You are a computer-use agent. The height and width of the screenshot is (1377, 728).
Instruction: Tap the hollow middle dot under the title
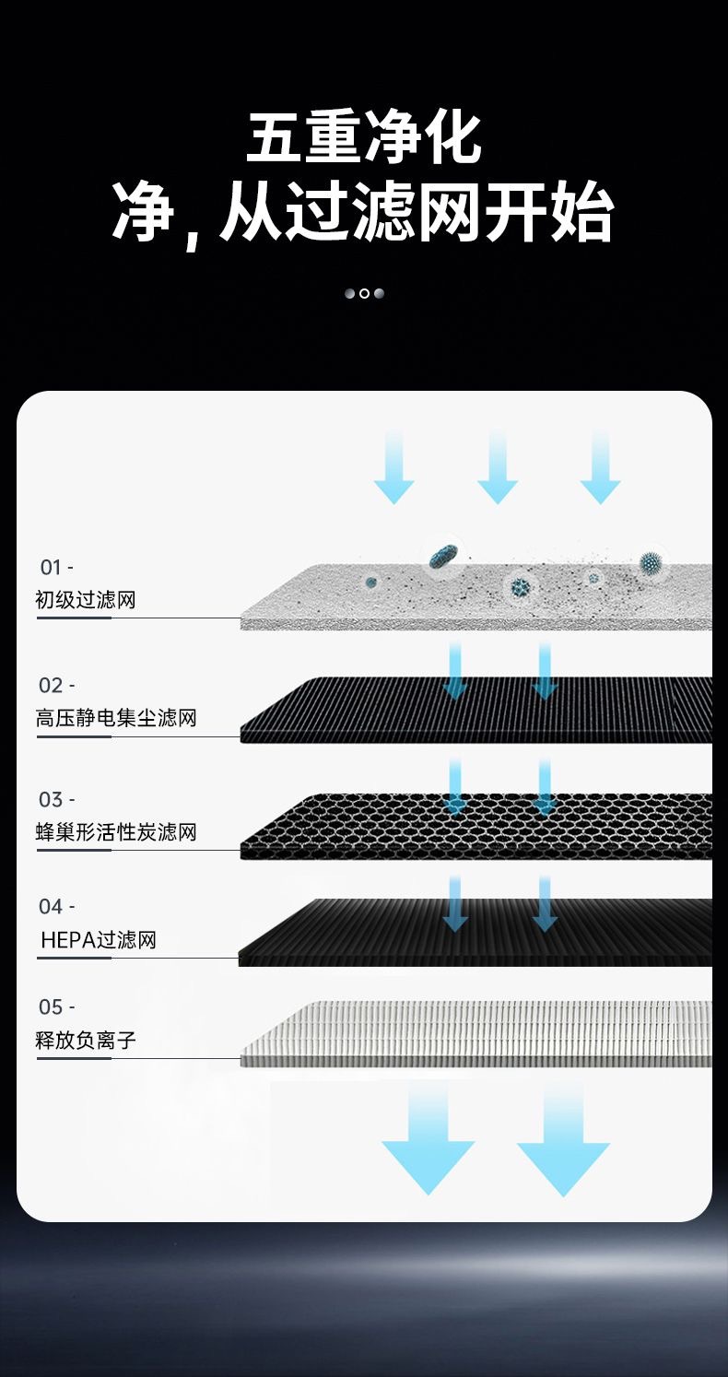tap(364, 293)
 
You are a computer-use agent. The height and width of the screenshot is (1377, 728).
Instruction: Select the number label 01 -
tap(56, 568)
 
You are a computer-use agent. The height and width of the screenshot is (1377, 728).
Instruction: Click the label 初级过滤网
tap(86, 601)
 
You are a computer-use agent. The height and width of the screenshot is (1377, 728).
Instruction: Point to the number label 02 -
tap(56, 686)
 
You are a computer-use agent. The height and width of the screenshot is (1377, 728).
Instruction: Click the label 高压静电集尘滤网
tap(116, 718)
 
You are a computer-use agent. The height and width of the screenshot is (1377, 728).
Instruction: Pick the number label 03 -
tap(56, 799)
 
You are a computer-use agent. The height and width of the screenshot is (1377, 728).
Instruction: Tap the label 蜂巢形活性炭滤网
tap(116, 833)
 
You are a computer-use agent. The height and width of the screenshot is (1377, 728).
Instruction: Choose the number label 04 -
tap(56, 907)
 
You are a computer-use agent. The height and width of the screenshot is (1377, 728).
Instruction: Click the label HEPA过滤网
tap(99, 940)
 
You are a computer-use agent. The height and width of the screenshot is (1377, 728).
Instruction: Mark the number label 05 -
tap(56, 1006)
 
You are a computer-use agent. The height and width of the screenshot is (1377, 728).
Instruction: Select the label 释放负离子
tap(86, 1041)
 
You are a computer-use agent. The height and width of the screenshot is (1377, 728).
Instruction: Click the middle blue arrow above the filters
tap(498, 468)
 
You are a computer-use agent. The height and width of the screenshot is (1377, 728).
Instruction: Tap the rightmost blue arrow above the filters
tap(600, 468)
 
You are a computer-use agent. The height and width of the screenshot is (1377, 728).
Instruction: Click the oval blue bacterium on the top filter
tap(444, 556)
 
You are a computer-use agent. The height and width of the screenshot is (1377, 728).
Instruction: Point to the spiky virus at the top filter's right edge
tap(652, 561)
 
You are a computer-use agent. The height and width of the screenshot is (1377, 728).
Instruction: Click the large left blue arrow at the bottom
tap(428, 1143)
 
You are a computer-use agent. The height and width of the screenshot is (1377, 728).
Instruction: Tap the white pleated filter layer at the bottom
tap(479, 1032)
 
